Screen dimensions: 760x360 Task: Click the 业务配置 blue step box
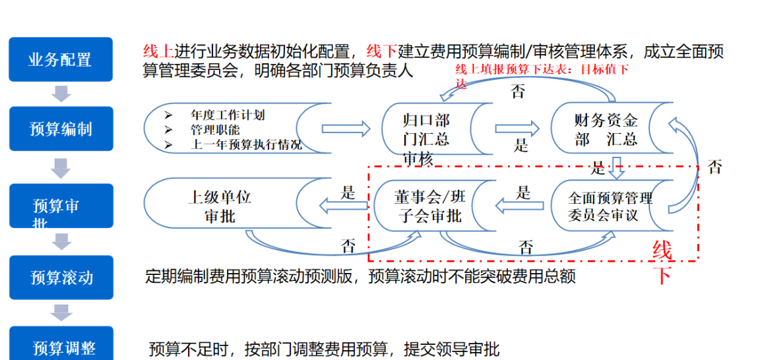[x=60, y=60]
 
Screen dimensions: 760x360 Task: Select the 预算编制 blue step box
[x=60, y=129]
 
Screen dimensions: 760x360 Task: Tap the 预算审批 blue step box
[x=60, y=206]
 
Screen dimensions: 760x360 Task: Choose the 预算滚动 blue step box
[x=61, y=277]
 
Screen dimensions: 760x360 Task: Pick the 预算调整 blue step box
[x=61, y=345]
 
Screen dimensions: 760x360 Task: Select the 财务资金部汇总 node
[x=606, y=129]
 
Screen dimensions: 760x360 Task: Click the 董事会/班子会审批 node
[x=429, y=206]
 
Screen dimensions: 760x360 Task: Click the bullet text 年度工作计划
[x=228, y=115]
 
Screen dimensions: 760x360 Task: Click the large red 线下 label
[x=662, y=262]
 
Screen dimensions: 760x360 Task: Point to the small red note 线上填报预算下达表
[x=542, y=70]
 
